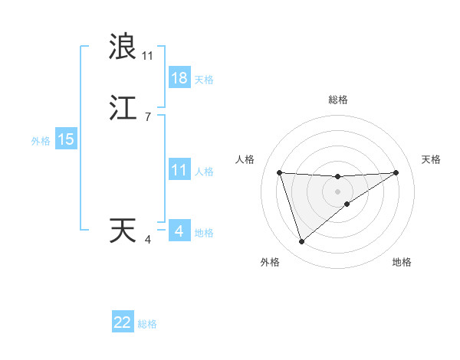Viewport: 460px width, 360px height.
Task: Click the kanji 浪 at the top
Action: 123,47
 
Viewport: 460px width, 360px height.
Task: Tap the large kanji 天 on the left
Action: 123,231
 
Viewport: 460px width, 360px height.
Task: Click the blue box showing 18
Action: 179,78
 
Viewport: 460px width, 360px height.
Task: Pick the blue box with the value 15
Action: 66,139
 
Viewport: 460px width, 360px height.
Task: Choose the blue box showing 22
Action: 123,322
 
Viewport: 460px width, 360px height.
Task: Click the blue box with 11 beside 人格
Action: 179,170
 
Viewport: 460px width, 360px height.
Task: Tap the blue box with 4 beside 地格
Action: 179,231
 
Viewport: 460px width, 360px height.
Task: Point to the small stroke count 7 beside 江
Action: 147,116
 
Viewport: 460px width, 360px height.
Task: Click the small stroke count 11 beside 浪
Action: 147,56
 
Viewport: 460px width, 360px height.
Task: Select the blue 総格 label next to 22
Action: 147,324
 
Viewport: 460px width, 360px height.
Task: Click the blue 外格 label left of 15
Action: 41,141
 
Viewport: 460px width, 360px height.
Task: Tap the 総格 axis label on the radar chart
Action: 338,100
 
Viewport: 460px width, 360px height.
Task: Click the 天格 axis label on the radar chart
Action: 432,159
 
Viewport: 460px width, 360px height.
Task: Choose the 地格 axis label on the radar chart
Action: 402,262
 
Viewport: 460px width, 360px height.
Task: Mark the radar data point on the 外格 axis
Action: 301,242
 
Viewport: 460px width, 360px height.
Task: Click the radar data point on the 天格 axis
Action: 396,172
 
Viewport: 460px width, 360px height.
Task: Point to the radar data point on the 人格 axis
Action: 279,172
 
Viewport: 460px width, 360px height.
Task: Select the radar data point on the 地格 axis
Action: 347,204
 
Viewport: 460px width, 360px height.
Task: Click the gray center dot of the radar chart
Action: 338,191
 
